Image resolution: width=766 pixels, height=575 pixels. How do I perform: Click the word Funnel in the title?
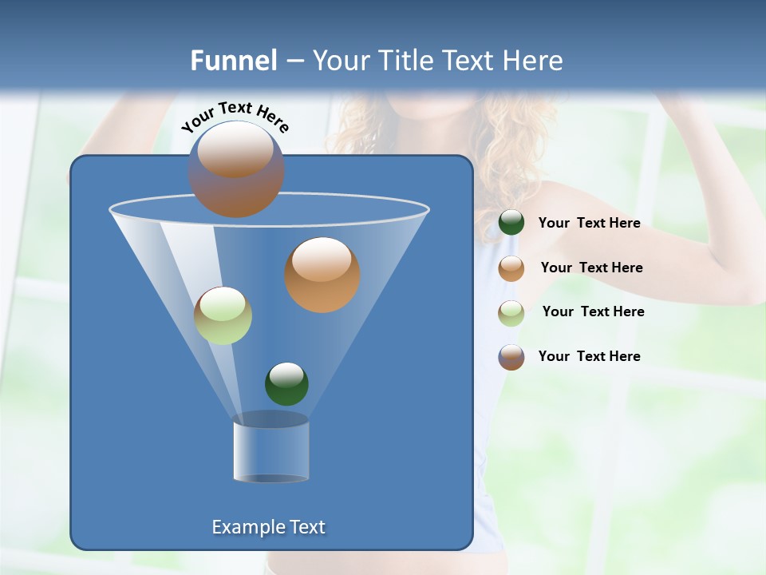pos(233,61)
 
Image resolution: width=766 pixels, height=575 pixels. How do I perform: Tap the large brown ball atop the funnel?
pos(235,169)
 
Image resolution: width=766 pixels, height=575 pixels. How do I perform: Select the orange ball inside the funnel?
pos(322,275)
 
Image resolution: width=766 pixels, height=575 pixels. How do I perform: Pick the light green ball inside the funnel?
pos(223,315)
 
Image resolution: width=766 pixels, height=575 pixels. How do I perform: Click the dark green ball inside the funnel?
pos(286,383)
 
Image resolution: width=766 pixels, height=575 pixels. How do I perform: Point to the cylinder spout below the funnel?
pos(270,451)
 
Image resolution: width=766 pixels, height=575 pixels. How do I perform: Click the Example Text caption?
pos(268,527)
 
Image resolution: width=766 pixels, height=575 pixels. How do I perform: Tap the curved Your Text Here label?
pos(235,116)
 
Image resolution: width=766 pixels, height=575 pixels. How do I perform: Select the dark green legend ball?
pos(511,223)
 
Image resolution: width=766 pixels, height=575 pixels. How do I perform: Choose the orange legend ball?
pos(511,268)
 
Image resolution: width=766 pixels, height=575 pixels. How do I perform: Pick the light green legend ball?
pos(511,312)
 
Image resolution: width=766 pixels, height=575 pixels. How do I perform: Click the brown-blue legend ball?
pos(511,357)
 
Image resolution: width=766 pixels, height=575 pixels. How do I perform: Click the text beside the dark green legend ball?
pos(589,224)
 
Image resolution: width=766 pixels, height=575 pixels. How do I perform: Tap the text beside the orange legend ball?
pos(591,268)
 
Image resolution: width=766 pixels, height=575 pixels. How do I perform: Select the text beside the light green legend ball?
pos(593,311)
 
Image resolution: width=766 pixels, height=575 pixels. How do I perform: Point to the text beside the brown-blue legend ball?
pos(589,356)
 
